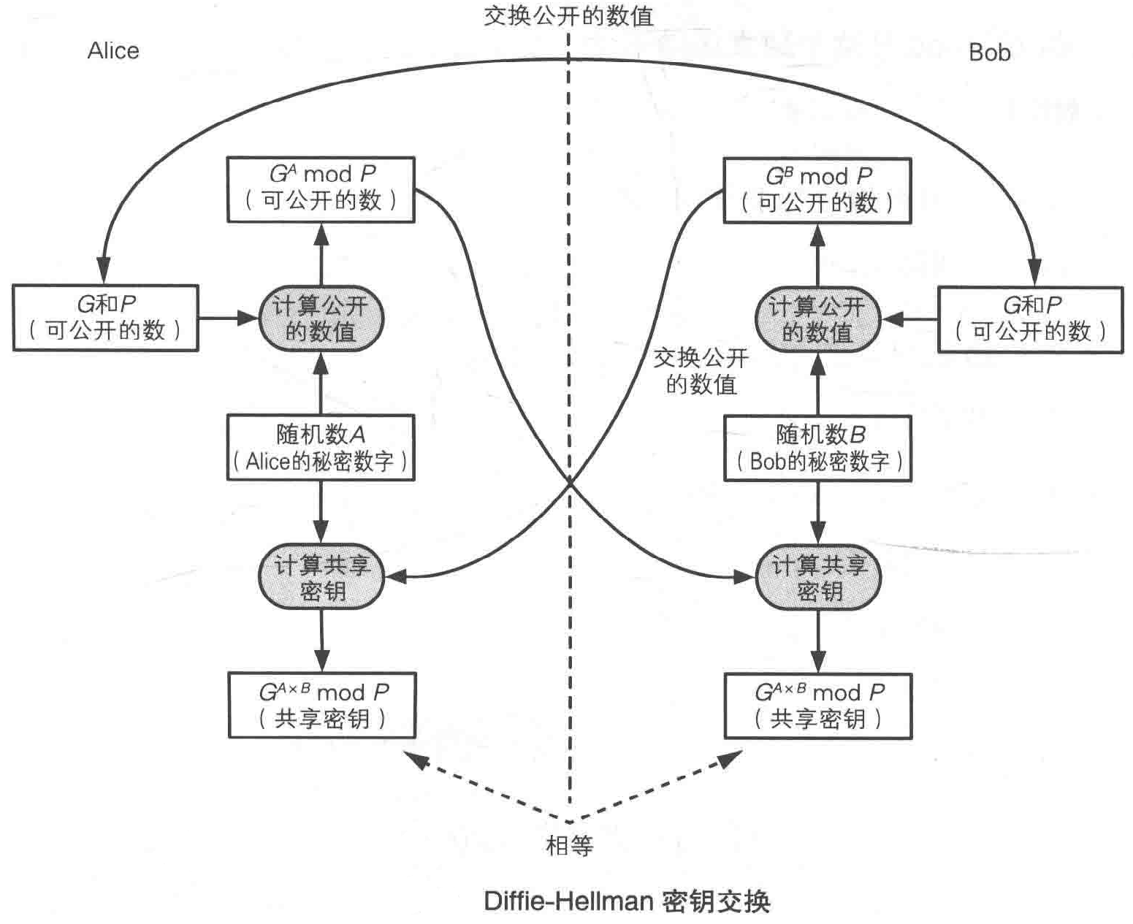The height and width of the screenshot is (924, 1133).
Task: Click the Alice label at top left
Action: click(113, 50)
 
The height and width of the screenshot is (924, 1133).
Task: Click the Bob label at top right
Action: click(989, 53)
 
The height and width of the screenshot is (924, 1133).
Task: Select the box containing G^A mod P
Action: click(321, 189)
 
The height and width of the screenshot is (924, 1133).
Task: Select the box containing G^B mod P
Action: click(817, 191)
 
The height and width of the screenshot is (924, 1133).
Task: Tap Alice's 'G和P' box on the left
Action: click(105, 318)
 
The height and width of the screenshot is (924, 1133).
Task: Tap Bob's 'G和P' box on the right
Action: click(1030, 320)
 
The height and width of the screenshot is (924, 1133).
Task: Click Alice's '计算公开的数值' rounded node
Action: click(321, 318)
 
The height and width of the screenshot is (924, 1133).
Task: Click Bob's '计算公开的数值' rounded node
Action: click(817, 320)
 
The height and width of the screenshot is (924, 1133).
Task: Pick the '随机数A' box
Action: click(321, 448)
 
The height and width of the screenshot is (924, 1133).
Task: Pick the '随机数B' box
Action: click(817, 448)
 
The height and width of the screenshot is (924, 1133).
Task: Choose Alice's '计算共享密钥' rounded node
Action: click(321, 577)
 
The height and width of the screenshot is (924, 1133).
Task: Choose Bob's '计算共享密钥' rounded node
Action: click(817, 578)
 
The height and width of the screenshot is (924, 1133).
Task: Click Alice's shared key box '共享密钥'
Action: click(321, 706)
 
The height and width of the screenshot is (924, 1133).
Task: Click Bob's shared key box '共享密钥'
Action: click(817, 706)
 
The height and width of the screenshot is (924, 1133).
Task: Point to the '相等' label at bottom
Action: click(570, 846)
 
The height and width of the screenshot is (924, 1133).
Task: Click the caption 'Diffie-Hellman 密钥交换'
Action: click(627, 901)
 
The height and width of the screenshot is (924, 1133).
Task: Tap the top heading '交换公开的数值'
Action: click(568, 15)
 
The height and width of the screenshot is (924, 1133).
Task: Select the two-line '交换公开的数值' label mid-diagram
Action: click(701, 371)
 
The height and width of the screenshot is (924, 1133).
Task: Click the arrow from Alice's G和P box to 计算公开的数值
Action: click(228, 318)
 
